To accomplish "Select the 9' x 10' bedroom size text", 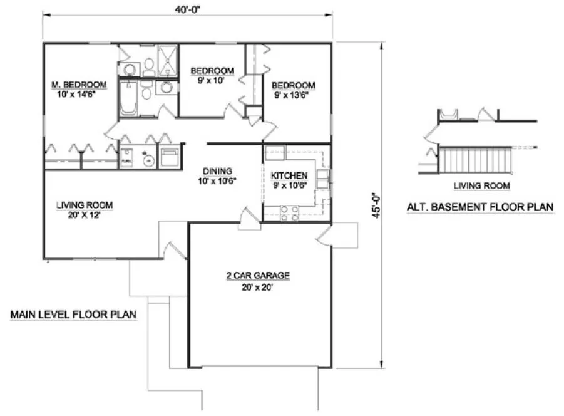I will pos(212,80).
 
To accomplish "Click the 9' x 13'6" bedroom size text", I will pos(292,95).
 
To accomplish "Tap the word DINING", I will pos(217,170).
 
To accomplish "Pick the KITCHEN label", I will pos(289,176).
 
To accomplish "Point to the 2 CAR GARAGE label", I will pos(259,276).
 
